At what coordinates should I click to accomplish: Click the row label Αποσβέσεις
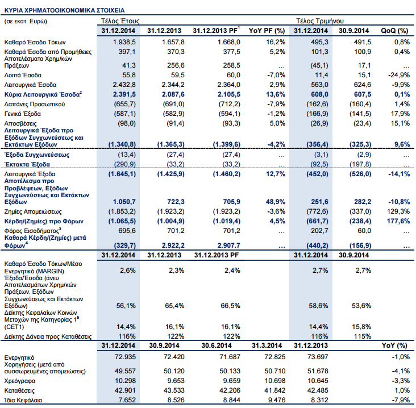tap(20, 123)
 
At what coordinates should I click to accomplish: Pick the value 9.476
tap(264, 400)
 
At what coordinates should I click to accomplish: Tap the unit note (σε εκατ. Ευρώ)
tap(26, 21)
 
